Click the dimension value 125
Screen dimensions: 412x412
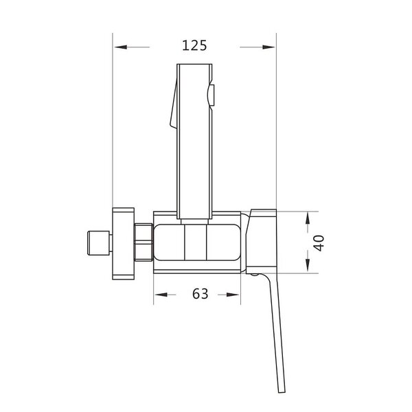pyautogui.click(x=194, y=45)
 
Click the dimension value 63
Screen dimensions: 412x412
pyautogui.click(x=201, y=294)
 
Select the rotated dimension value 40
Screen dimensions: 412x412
pyautogui.click(x=319, y=243)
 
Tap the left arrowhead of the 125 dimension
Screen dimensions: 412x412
pyautogui.click(x=121, y=47)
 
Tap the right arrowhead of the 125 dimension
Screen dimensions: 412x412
pyautogui.click(x=268, y=47)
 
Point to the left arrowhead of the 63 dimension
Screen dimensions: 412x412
pyautogui.click(x=161, y=295)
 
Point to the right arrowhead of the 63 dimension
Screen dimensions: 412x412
pyautogui.click(x=233, y=295)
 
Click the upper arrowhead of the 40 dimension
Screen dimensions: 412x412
pyautogui.click(x=308, y=219)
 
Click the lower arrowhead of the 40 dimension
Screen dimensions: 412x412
pyautogui.click(x=308, y=265)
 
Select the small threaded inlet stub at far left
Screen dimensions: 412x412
pyautogui.click(x=98, y=243)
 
